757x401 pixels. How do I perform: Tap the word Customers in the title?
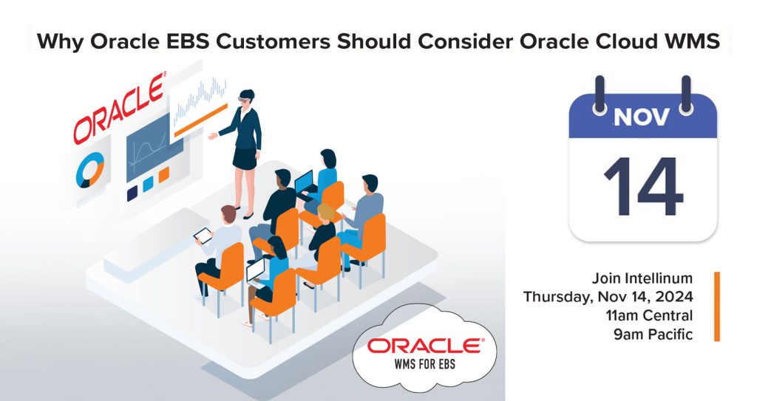point(277,41)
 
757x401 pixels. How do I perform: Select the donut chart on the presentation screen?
point(89,169)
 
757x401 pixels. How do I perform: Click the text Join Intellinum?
point(642,279)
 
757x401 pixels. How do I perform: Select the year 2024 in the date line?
point(673,298)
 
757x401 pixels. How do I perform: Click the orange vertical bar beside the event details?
point(716,306)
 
